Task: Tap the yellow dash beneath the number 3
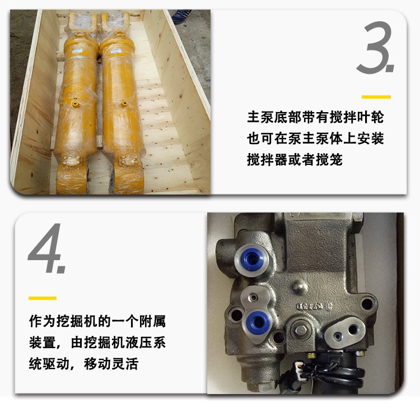376,97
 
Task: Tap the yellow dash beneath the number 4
43,298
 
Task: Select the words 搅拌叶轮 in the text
357,117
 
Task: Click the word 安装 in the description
370,138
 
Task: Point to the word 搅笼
329,160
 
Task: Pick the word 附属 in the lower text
152,321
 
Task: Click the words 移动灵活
111,364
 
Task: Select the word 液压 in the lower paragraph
139,343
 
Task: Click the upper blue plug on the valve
251,259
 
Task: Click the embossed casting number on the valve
314,306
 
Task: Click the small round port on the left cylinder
75,104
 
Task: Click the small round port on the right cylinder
124,103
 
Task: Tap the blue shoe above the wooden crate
181,15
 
